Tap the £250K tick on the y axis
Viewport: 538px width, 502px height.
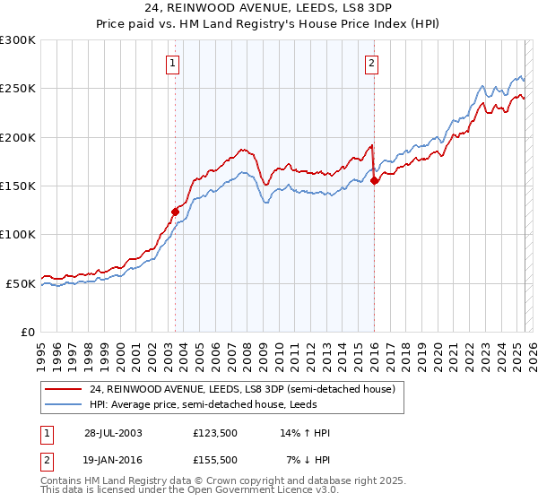(x=18, y=89)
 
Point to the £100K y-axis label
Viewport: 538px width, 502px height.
(x=18, y=234)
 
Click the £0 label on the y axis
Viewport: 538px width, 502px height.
(x=27, y=332)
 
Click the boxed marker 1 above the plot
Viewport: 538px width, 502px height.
(x=171, y=63)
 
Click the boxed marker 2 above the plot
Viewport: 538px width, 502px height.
(x=371, y=63)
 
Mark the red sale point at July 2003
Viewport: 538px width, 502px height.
(x=176, y=212)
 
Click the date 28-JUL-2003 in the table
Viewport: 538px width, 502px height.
(x=113, y=433)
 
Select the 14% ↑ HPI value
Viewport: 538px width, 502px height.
(x=306, y=433)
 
